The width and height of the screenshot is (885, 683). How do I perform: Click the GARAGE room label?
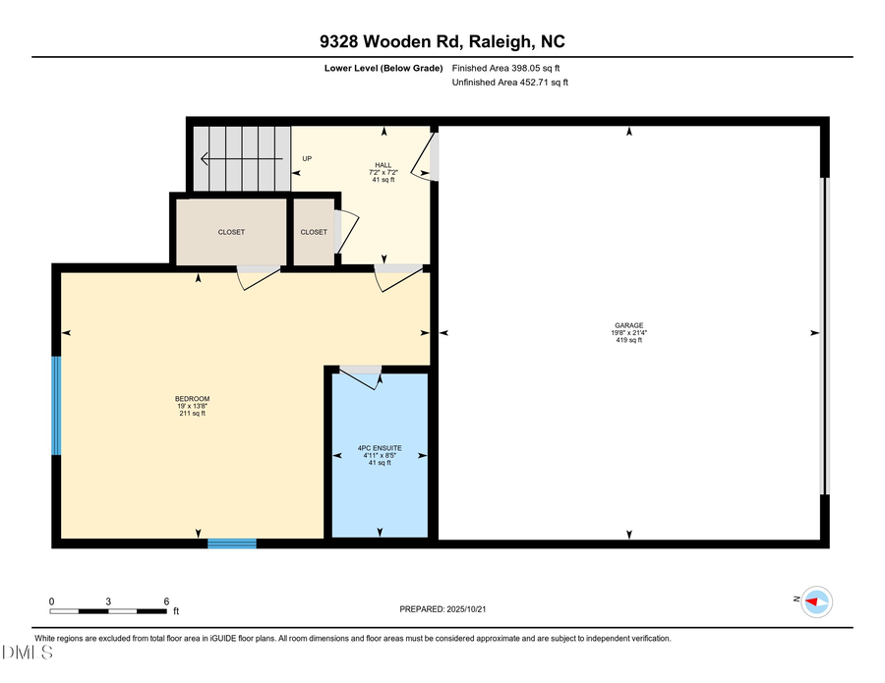pyautogui.click(x=629, y=325)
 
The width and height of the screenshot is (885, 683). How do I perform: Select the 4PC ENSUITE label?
pyautogui.click(x=380, y=448)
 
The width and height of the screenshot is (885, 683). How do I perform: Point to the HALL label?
pyautogui.click(x=383, y=165)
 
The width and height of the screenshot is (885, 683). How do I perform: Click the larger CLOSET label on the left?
pyautogui.click(x=231, y=232)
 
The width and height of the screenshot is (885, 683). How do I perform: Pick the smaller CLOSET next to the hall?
pyautogui.click(x=314, y=232)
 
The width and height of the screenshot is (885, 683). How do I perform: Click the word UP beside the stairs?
pyautogui.click(x=307, y=159)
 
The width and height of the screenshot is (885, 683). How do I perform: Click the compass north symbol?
pyautogui.click(x=815, y=600)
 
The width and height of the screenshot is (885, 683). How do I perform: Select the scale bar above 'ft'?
pyautogui.click(x=109, y=611)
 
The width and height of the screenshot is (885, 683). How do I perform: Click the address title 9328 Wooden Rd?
pyautogui.click(x=442, y=42)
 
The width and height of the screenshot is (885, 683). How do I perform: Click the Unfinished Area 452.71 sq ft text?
pyautogui.click(x=509, y=83)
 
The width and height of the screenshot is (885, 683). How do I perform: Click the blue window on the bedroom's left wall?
pyautogui.click(x=56, y=406)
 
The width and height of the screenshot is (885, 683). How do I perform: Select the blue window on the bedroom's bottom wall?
pyautogui.click(x=231, y=542)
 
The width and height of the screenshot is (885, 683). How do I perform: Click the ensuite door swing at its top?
pyautogui.click(x=361, y=376)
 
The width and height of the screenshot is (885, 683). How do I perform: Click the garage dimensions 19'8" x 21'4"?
pyautogui.click(x=629, y=332)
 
